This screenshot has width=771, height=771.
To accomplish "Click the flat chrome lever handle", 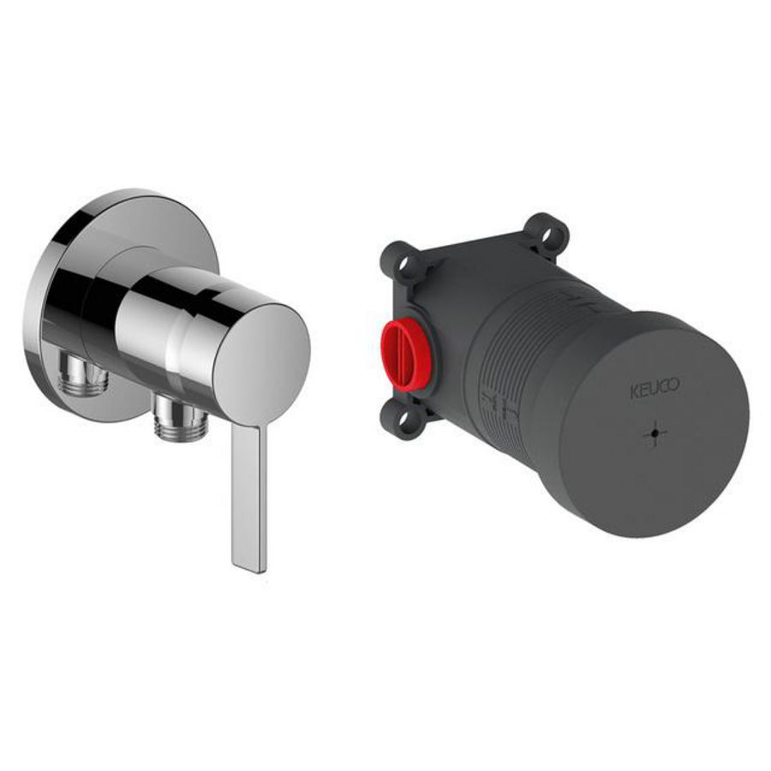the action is [249, 497].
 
